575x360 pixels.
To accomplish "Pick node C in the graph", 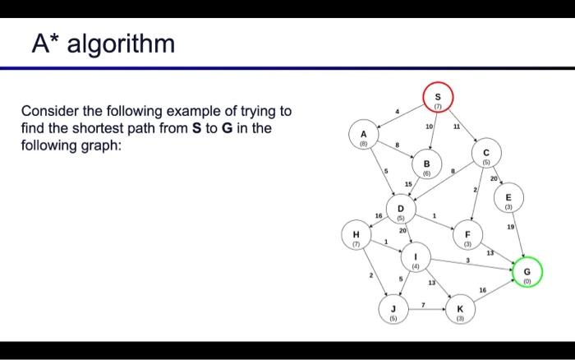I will click(485, 156).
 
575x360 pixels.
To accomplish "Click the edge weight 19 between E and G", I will click(511, 225).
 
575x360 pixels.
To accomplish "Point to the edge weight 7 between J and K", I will click(422, 305).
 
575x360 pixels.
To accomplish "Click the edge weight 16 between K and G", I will click(482, 290).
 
